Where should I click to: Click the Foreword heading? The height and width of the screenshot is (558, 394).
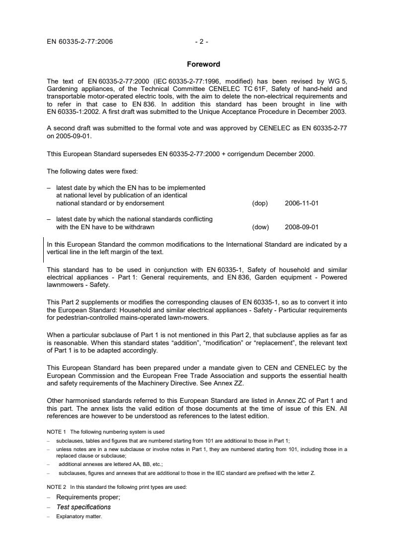[203, 64]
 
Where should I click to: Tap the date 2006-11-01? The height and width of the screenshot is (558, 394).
[302, 203]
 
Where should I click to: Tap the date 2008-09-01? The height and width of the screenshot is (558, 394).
[302, 227]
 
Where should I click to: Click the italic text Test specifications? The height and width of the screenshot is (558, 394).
[83, 507]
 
